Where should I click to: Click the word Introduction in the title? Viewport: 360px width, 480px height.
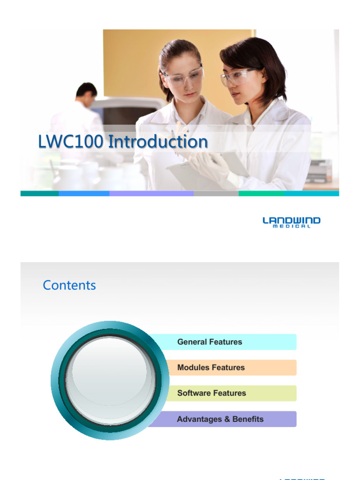158,142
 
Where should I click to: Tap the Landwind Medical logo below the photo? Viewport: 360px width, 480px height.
291,222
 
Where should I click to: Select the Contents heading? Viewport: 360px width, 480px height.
69,285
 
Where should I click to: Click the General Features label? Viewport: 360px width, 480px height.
210,342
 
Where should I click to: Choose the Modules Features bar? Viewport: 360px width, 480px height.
211,367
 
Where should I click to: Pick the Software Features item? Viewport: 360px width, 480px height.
211,393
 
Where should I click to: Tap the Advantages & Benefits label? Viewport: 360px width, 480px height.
220,419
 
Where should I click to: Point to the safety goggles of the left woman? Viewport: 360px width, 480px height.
184,77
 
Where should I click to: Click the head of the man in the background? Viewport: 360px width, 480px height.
87,94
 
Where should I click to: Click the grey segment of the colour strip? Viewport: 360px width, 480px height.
216,193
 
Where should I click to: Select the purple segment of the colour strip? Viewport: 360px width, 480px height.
151,193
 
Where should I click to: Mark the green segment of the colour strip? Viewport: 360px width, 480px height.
261,193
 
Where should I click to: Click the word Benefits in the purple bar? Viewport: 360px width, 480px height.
248,419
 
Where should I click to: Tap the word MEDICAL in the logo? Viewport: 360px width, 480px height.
291,227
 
